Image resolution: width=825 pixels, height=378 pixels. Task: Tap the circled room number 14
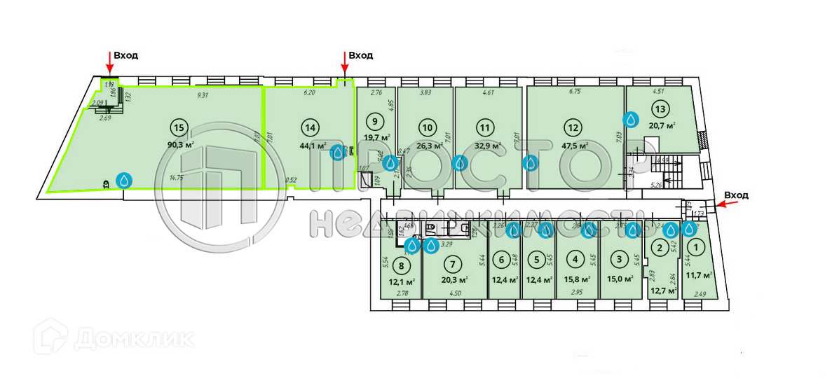pyautogui.click(x=310, y=127)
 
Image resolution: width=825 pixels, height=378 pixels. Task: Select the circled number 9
pyautogui.click(x=376, y=120)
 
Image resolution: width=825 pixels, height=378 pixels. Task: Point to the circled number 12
pyautogui.click(x=573, y=127)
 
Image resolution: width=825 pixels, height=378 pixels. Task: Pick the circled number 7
pyautogui.click(x=454, y=265)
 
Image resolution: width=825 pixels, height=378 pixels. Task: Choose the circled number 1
pyautogui.click(x=696, y=246)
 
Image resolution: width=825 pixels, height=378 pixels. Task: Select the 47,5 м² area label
pyautogui.click(x=573, y=146)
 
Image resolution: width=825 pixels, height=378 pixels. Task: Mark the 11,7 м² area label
pyautogui.click(x=699, y=275)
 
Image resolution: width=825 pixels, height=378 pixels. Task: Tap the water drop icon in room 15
pyautogui.click(x=125, y=181)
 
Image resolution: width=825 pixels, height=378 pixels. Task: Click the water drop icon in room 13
pyautogui.click(x=632, y=120)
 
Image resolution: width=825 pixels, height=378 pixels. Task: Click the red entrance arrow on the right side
pyautogui.click(x=724, y=204)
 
